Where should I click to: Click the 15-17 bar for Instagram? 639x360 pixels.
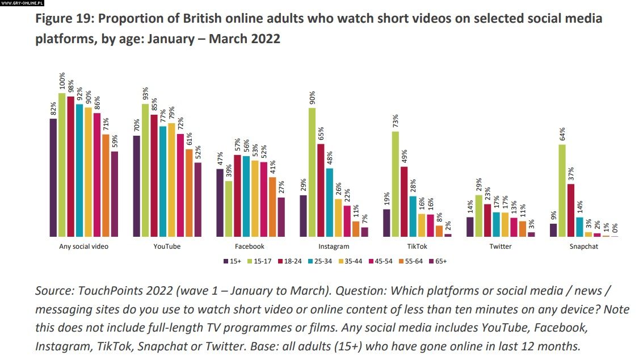tap(312, 172)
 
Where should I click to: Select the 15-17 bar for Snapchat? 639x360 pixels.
tap(562, 190)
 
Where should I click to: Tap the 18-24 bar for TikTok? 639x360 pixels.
tap(403, 201)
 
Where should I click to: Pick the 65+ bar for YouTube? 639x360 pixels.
tap(198, 199)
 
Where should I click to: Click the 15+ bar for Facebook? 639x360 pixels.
tap(220, 203)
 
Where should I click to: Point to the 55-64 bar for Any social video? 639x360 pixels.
tap(106, 185)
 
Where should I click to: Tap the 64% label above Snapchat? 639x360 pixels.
tap(562, 133)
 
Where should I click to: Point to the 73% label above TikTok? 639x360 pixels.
tap(395, 120)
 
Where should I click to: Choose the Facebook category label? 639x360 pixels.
tap(250, 246)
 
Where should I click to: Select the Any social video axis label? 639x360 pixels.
tap(83, 246)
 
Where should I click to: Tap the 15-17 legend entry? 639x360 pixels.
tap(258, 261)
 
